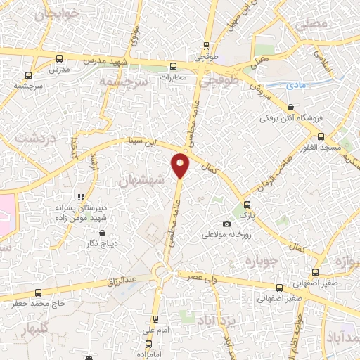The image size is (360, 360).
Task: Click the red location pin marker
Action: (x=181, y=166)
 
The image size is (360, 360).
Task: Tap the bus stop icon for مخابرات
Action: (x=172, y=66)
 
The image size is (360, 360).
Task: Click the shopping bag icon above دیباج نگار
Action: (x=103, y=233)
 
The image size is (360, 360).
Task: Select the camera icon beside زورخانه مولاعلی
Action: (x=226, y=224)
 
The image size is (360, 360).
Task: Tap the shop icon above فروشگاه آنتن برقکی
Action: (x=290, y=107)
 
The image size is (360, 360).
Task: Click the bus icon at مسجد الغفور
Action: (x=321, y=136)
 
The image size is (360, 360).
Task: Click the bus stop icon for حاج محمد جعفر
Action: (x=38, y=292)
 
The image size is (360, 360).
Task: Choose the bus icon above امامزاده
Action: (x=148, y=344)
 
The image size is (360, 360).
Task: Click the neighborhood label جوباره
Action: (x=257, y=262)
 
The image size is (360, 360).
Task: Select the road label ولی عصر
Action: (x=200, y=276)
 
